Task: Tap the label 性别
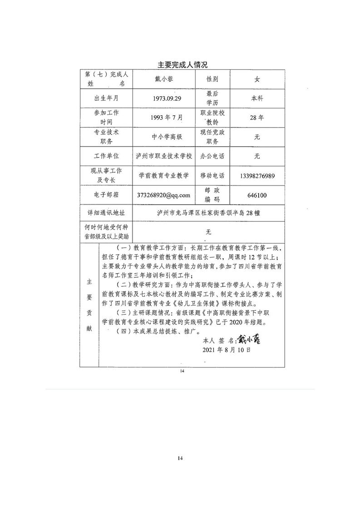point(212,79)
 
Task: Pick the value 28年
point(257,117)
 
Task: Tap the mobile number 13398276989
point(257,175)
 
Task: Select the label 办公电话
point(212,156)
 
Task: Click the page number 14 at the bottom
point(180,459)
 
